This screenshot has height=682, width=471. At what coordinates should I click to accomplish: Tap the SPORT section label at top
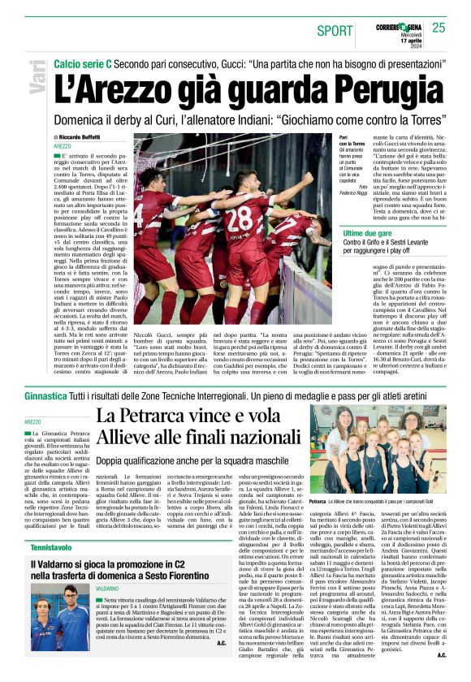(335, 31)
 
